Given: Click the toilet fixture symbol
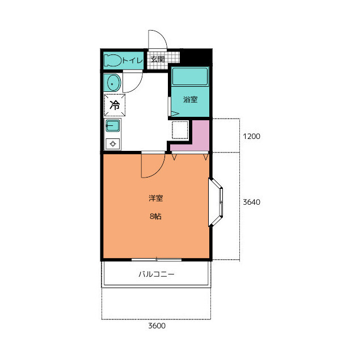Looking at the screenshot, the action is [113, 60].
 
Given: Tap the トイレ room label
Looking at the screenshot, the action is [132, 61].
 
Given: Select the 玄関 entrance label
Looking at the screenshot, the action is [158, 59].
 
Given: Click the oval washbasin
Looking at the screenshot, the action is [112, 83].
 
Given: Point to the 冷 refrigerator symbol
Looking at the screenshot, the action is [115, 105].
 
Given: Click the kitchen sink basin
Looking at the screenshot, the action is [113, 125].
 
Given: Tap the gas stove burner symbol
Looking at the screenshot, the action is [113, 143].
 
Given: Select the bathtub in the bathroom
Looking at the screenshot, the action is [190, 77].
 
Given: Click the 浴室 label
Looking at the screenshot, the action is [191, 100].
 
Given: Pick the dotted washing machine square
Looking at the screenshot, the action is [180, 130].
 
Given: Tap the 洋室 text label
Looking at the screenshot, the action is [156, 198].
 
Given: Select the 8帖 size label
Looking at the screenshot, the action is [155, 216].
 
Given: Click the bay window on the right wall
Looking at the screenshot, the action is [216, 202].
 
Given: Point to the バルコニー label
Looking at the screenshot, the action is [157, 275].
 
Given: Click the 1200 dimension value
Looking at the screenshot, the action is [251, 136].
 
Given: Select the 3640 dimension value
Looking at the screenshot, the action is [251, 202].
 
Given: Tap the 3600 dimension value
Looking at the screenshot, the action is [157, 326].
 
